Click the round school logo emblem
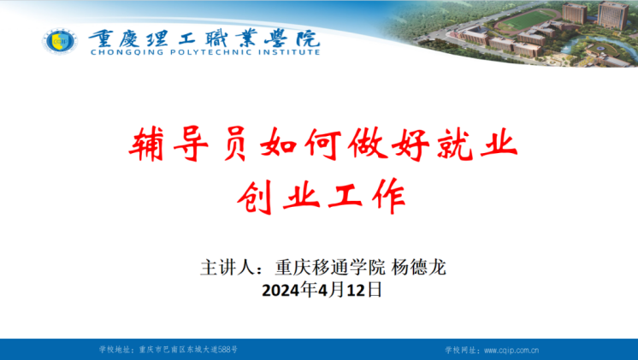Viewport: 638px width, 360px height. pos(60,42)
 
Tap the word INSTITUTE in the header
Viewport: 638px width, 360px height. pos(289,52)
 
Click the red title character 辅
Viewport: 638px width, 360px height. pos(146,144)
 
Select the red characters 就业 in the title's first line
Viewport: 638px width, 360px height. pos(477,144)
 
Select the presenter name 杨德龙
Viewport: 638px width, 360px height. pos(419,268)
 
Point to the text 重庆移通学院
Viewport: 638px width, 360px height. pos(330,268)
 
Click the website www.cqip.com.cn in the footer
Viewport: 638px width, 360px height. pos(511,350)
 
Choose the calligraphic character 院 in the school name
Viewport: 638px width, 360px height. pos(308,38)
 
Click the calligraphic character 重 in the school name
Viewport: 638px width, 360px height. pos(101,38)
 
